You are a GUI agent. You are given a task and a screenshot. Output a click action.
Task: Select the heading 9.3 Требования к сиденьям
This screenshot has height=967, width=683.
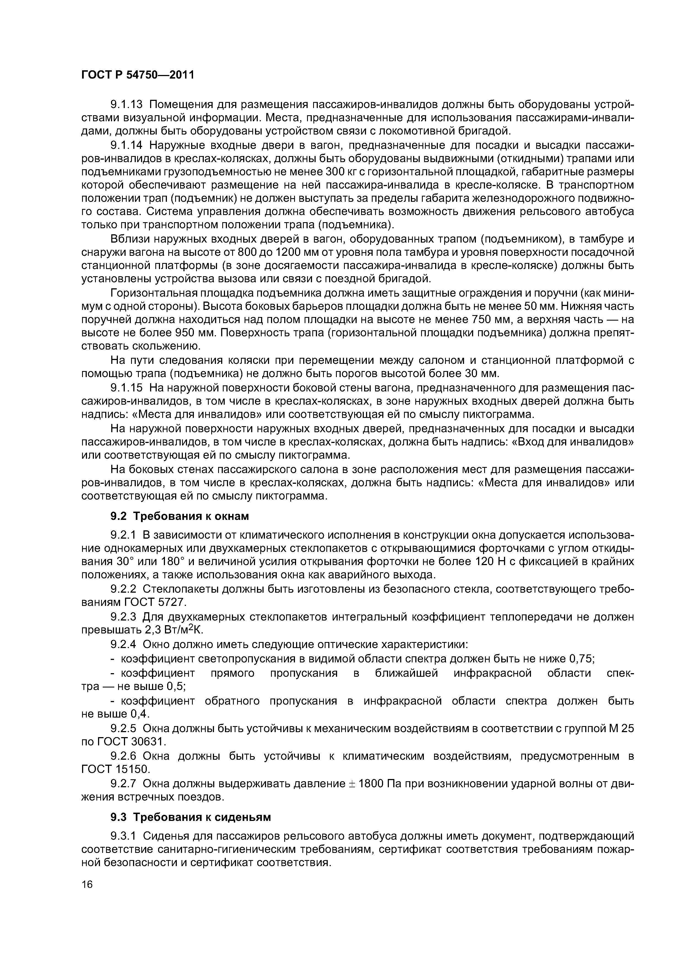point(191,817)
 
